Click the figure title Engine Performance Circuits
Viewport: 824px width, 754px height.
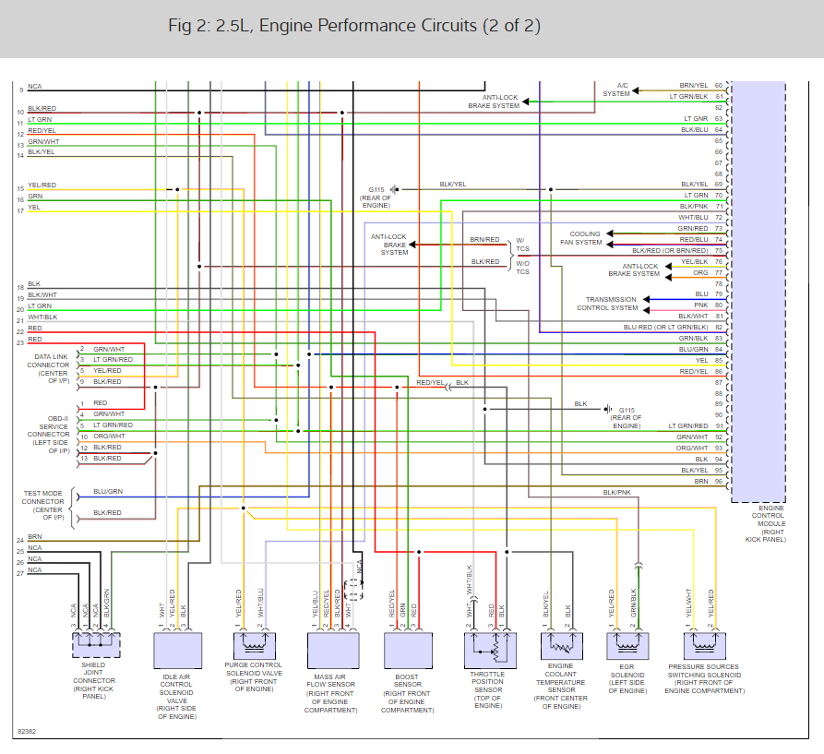(354, 26)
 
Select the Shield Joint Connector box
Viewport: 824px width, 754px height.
(96, 643)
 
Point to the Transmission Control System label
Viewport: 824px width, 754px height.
(611, 304)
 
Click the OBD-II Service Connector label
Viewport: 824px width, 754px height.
(48, 434)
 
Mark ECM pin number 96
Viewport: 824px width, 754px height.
(718, 481)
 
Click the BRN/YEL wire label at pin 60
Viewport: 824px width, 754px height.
(693, 85)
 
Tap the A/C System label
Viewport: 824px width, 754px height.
(616, 90)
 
